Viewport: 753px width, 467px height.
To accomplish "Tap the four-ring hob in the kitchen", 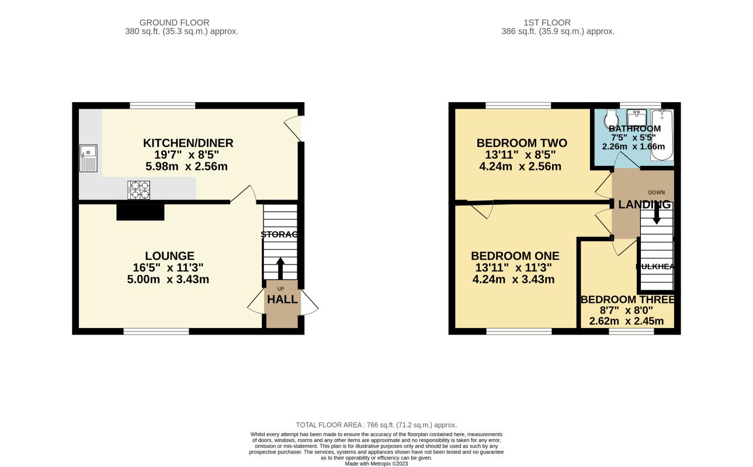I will [x=138, y=190].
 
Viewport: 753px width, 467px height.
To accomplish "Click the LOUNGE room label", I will [x=170, y=256].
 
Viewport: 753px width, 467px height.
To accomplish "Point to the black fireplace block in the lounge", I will [x=140, y=212].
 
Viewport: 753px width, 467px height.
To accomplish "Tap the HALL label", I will [x=282, y=299].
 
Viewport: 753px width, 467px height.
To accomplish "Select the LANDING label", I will [x=644, y=204].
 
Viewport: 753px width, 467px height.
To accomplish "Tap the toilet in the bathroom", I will [x=610, y=117].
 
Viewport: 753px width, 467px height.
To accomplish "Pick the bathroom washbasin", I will [x=636, y=117].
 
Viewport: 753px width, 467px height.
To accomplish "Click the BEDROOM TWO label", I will [x=522, y=143].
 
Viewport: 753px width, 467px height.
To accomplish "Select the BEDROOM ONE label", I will [x=515, y=256].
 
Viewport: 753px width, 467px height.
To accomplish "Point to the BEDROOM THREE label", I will [x=627, y=299].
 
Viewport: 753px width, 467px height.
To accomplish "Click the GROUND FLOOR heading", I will [x=181, y=23].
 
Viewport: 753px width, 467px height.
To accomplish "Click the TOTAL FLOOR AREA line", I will [x=376, y=425].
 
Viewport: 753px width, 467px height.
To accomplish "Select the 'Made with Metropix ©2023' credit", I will [x=376, y=463].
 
